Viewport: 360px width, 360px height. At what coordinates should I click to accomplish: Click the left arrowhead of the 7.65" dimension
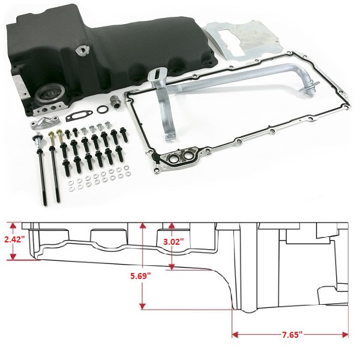click(x=235, y=335)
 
